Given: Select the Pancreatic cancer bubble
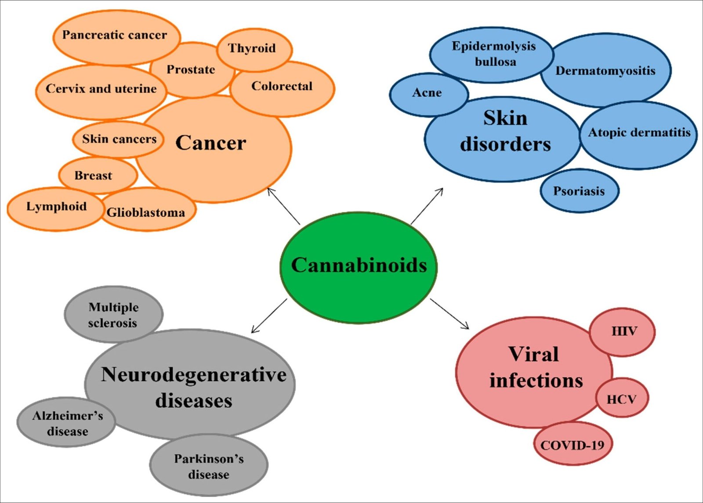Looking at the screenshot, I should click(115, 36).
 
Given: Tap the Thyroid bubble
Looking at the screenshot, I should click(253, 48).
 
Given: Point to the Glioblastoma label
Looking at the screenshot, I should click(146, 213).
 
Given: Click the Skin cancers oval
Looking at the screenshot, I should click(119, 139).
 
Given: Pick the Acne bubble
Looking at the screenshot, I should click(427, 93).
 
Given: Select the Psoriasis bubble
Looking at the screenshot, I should click(579, 191).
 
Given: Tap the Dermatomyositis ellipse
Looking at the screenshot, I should click(605, 71).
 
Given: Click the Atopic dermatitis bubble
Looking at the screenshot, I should click(639, 133).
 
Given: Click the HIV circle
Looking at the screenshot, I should click(623, 331).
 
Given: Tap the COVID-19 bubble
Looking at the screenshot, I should click(573, 445).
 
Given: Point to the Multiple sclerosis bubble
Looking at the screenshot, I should click(113, 315).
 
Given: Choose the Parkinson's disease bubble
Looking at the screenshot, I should click(209, 466).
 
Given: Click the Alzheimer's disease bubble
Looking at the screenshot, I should click(67, 423).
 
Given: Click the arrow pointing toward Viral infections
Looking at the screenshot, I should click(449, 314).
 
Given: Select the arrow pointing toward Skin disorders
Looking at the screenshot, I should click(427, 206).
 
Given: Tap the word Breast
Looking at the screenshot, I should click(93, 176).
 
